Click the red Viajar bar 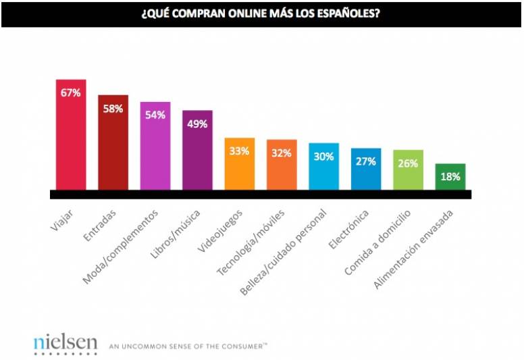point(70,135)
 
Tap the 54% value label point(155,115)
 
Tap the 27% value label point(366,161)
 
